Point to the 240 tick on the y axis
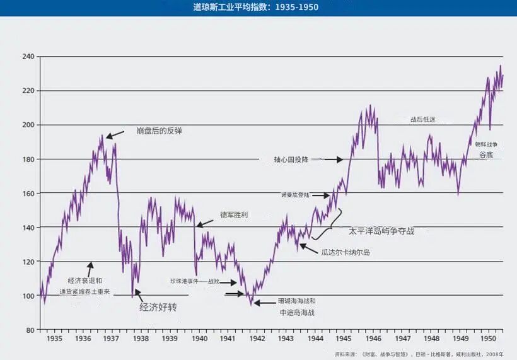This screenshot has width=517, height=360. coord(28,57)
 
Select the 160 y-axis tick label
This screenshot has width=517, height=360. coord(28,193)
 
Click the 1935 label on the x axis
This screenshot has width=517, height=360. coord(54,339)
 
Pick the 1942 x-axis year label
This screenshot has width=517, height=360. coord(257,339)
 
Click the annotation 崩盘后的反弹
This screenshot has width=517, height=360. coord(163,131)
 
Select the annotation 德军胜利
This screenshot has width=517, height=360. coord(234,215)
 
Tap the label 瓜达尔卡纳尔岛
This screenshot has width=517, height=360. coord(345,252)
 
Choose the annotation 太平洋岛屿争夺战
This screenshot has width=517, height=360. coord(381,231)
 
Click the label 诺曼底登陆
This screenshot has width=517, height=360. coord(295,195)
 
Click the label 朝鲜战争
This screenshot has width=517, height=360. coord(490,144)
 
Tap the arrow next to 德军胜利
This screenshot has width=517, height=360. coord(205,223)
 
